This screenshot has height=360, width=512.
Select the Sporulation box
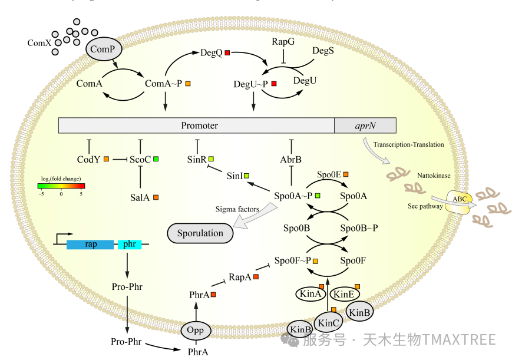200,233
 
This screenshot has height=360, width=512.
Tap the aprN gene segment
365,125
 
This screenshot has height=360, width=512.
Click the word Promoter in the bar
199,125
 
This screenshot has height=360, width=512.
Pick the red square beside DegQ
227,53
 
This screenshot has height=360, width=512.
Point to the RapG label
283,42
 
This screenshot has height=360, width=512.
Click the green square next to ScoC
156,159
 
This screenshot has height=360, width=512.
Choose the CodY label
88,159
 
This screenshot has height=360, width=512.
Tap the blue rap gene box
90,244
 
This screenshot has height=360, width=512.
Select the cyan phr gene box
130,244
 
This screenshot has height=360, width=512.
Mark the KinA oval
310,293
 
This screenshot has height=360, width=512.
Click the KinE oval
343,293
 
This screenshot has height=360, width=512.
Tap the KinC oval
328,322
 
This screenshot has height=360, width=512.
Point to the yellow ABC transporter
460,200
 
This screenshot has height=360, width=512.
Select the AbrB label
290,159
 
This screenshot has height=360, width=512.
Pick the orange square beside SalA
156,197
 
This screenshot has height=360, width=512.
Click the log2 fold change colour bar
61,186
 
